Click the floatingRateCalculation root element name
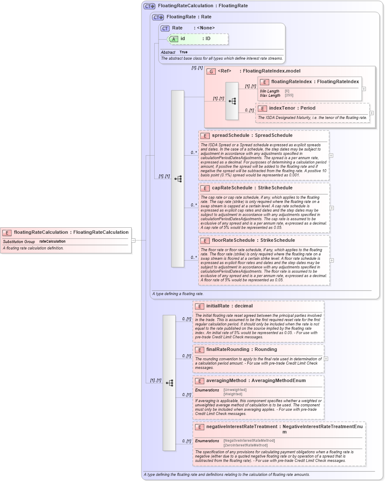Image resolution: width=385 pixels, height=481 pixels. click(41, 232)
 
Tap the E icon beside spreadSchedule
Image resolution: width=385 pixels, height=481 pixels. click(205, 136)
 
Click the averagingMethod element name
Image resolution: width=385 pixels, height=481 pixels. click(226, 381)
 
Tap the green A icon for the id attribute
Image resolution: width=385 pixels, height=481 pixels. click(173, 39)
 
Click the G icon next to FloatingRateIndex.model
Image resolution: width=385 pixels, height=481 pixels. click(211, 71)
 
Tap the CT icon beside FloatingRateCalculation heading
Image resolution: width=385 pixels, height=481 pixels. click(149, 6)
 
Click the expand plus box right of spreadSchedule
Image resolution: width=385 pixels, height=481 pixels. click(331, 156)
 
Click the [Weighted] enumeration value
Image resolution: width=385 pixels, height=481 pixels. click(233, 394)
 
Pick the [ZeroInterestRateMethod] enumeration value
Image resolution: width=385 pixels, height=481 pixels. click(245, 445)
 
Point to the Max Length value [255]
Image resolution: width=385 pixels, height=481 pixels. click(289, 96)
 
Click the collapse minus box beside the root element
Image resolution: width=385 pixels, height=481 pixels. click(133, 240)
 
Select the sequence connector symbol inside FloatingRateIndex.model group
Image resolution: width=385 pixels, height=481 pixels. click(232, 101)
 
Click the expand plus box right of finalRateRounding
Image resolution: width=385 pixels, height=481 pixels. click(326, 359)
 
